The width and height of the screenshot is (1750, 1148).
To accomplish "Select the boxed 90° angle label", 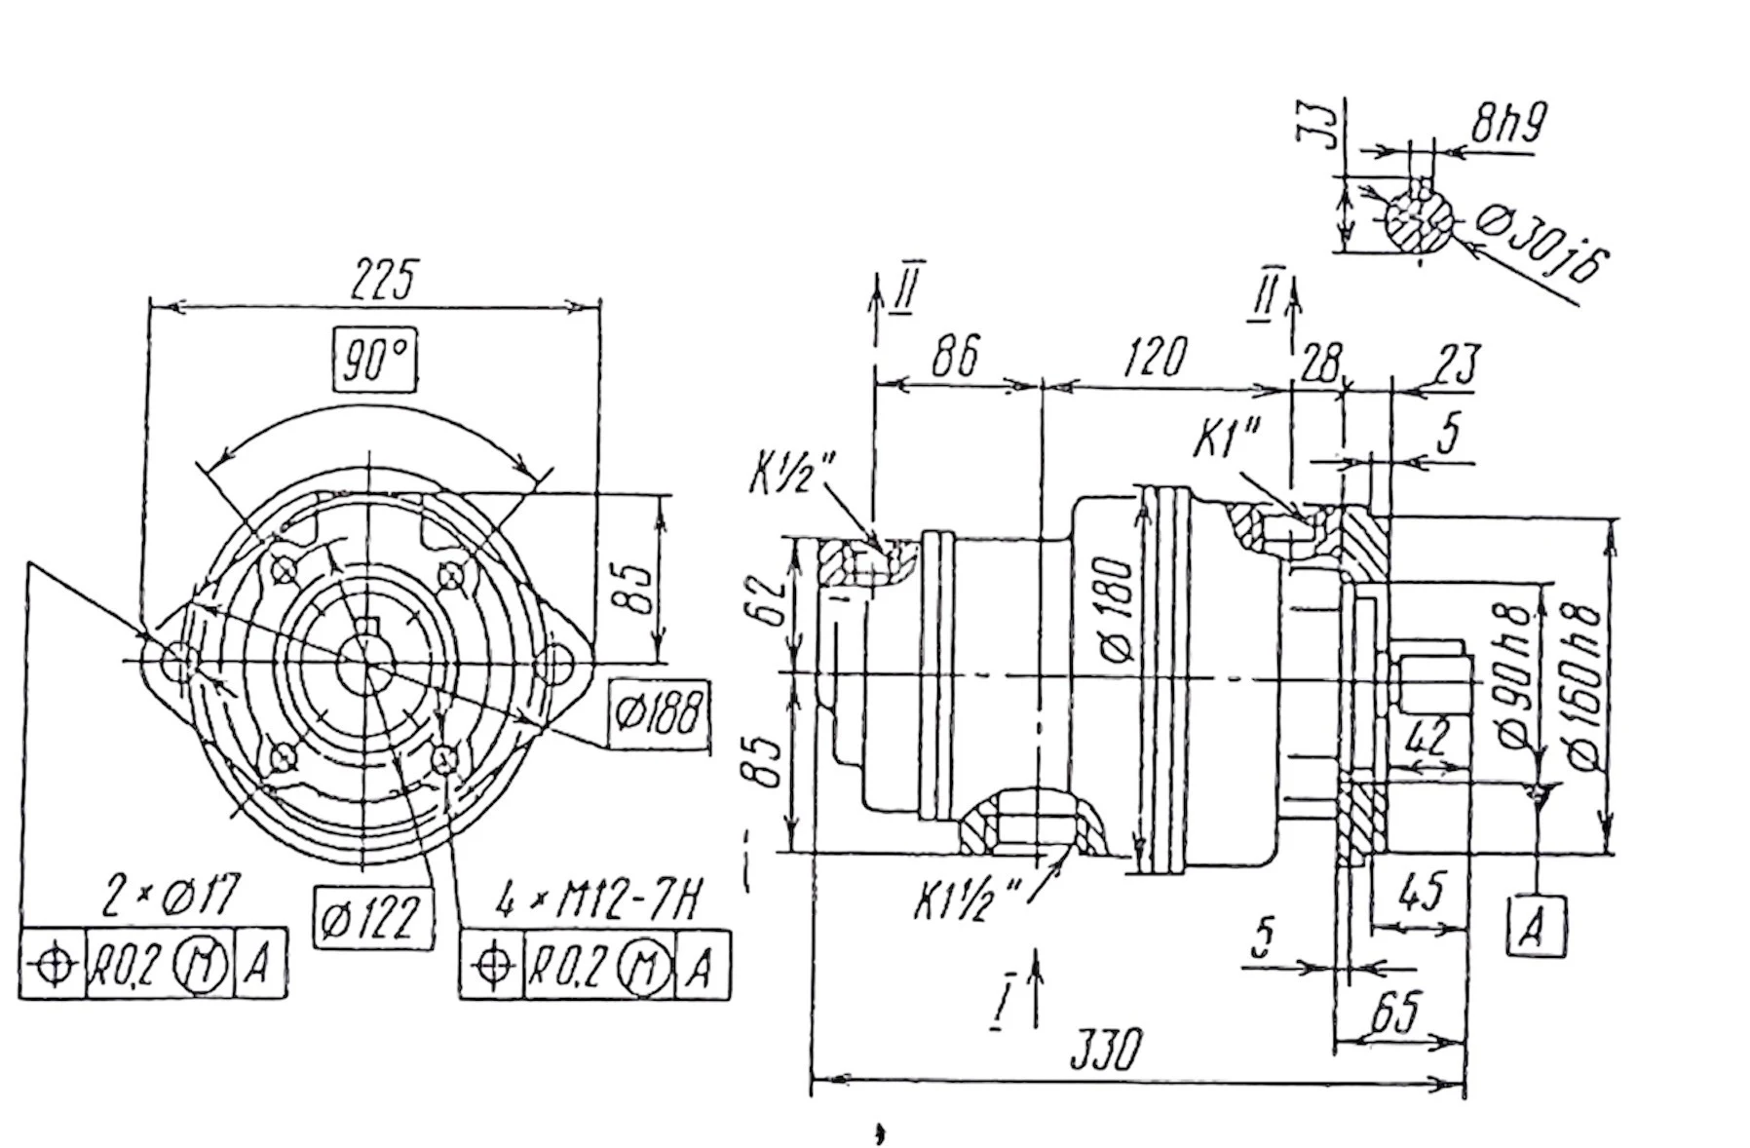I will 375,361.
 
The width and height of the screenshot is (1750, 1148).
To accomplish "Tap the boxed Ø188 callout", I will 659,714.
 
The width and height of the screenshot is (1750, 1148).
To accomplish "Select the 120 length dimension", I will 1155,357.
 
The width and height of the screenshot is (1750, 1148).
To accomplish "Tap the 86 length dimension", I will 954,357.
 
